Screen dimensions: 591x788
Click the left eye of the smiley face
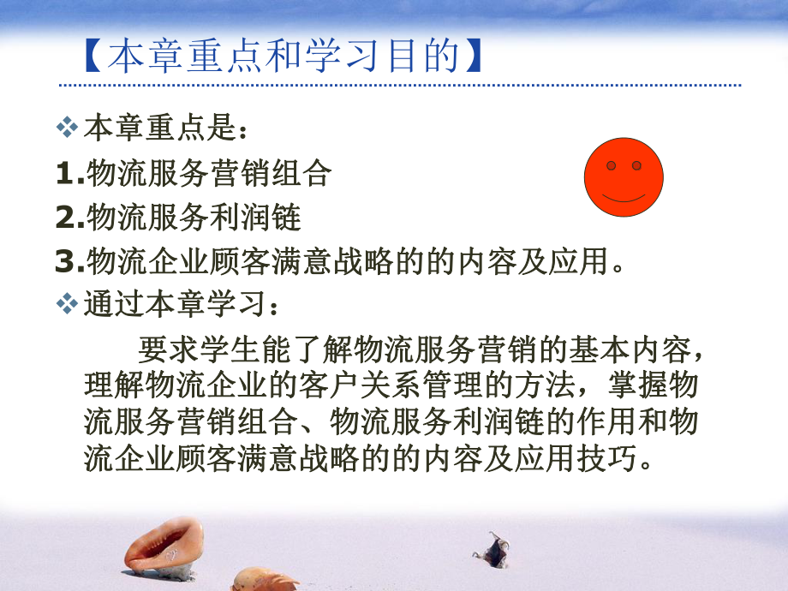pyautogui.click(x=612, y=165)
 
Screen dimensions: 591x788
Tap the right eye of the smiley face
pyautogui.click(x=636, y=165)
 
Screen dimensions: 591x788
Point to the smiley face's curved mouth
pyautogui.click(x=624, y=197)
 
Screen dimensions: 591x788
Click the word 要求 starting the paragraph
pyautogui.click(x=165, y=349)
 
